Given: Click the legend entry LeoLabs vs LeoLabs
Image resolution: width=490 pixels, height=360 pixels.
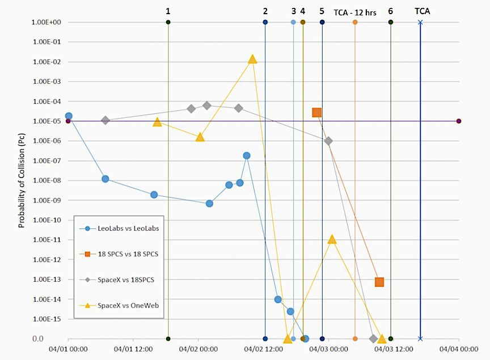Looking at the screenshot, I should click(127, 228).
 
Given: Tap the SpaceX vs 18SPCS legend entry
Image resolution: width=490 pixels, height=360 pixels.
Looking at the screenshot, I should click(126, 279).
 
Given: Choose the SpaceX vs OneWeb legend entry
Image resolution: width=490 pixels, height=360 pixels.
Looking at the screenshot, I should click(128, 306).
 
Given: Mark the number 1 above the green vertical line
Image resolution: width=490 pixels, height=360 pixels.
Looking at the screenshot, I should click(168, 11).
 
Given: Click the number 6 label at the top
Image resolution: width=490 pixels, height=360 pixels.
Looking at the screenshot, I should click(391, 11).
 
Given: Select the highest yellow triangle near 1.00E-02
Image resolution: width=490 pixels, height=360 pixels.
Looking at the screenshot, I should click(252, 59).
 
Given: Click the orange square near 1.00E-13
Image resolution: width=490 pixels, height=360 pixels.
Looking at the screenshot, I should click(379, 282).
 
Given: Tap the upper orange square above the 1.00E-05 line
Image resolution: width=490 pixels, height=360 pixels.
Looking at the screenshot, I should click(317, 112).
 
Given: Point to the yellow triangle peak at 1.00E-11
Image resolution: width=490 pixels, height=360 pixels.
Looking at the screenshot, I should click(332, 239).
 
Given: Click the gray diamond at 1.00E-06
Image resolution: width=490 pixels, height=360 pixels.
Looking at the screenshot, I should click(328, 141).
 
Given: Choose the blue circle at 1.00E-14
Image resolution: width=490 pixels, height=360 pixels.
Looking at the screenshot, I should click(278, 299).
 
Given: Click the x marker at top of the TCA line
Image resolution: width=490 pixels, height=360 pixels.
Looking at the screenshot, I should click(420, 22).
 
